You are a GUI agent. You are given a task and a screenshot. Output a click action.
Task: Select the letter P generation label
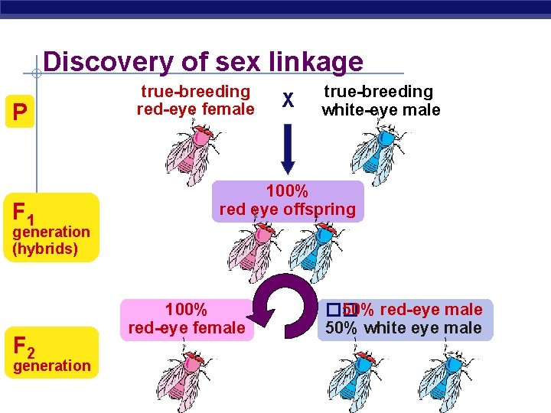[20, 112]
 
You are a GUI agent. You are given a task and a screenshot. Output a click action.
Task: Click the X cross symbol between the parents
[288, 100]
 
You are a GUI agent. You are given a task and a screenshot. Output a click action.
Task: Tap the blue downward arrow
[288, 149]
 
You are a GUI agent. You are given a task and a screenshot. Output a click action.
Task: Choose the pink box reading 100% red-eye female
[187, 319]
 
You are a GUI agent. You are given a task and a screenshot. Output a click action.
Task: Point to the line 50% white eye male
[403, 329]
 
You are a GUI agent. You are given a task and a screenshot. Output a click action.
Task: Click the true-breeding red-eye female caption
[195, 100]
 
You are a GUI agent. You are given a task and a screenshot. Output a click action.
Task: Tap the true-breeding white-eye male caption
[380, 100]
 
